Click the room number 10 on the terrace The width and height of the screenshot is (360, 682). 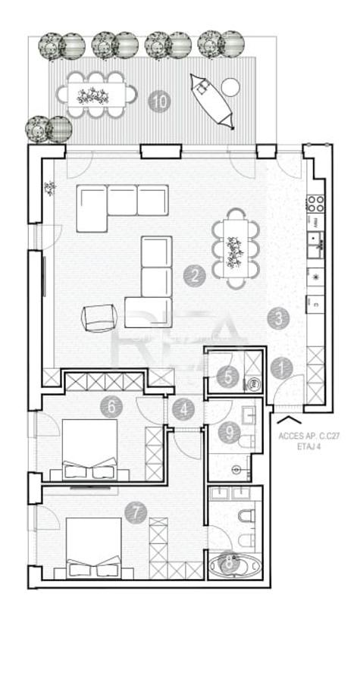[158, 101]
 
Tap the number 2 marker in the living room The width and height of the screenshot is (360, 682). [195, 274]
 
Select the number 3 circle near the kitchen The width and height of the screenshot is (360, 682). [280, 318]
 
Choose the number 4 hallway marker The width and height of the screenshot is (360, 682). [111, 406]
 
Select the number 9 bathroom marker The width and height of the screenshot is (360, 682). [228, 433]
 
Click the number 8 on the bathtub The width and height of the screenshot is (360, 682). [227, 564]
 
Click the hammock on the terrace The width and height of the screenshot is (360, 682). [212, 101]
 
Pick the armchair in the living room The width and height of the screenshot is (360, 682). [99, 317]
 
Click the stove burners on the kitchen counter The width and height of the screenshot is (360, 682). [315, 202]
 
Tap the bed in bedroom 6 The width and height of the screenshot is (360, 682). [89, 448]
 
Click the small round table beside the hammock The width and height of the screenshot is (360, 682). [231, 87]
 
